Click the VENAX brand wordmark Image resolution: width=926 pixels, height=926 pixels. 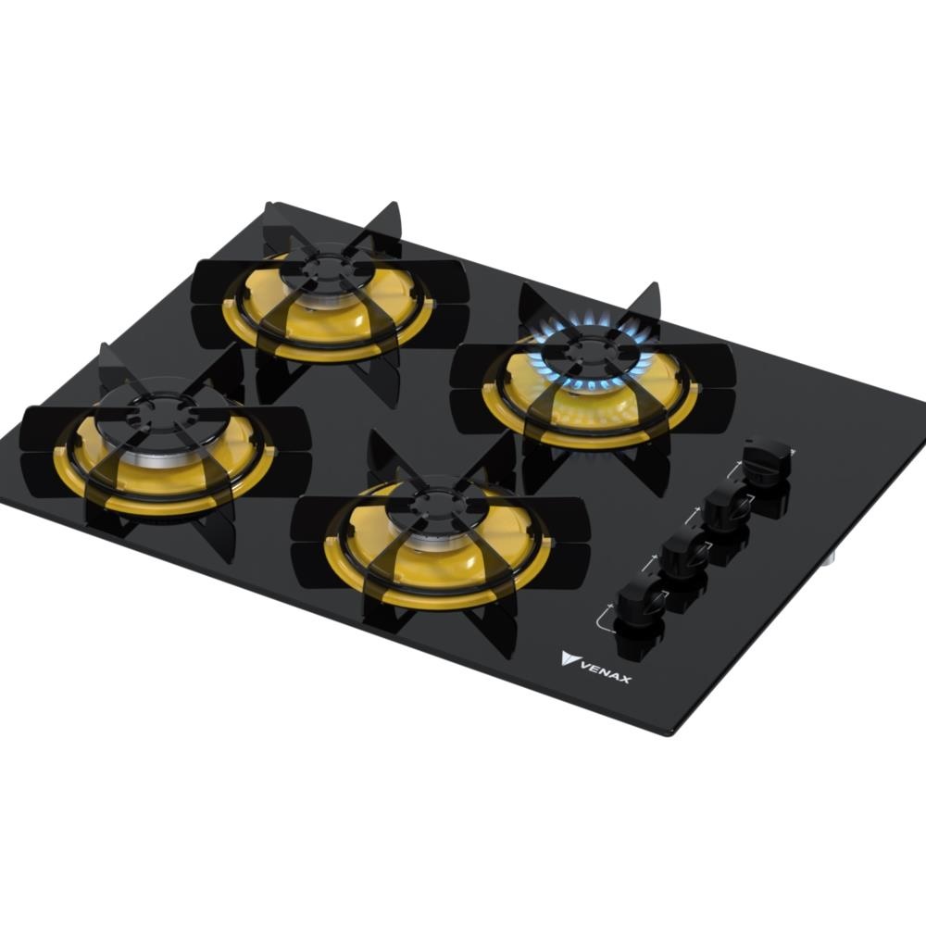point(606,671)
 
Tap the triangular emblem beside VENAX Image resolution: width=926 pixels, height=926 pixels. point(569,657)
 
